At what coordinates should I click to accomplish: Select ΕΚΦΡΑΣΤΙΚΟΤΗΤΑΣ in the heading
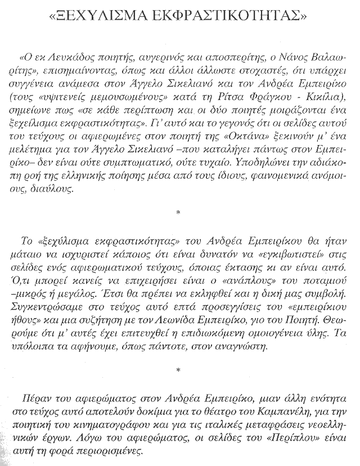point(228,17)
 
